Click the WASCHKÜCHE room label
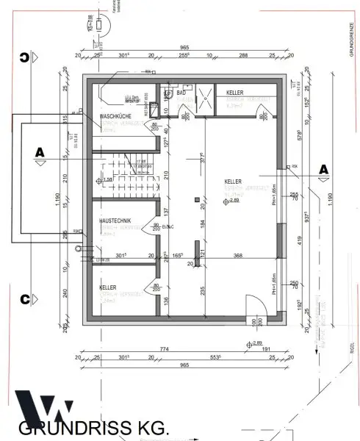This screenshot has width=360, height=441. pyautogui.click(x=115, y=117)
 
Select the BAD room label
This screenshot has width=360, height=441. pyautogui.click(x=181, y=93)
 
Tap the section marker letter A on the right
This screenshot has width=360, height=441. pyautogui.click(x=322, y=170)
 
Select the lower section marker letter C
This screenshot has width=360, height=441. pyautogui.click(x=25, y=299)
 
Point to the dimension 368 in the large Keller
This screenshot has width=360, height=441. pyautogui.click(x=237, y=255)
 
